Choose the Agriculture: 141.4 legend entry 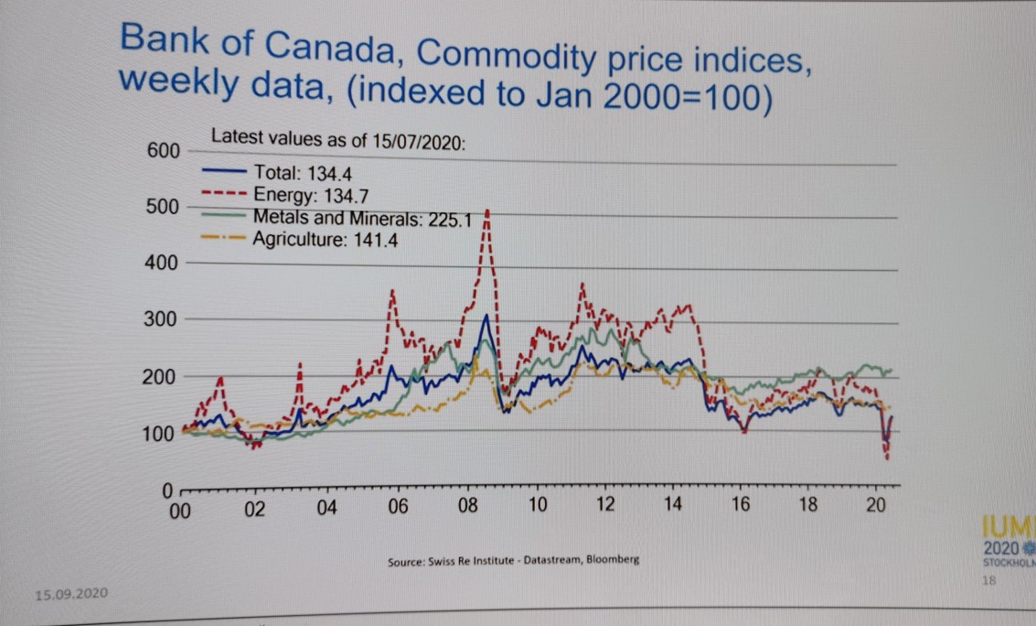[326, 241]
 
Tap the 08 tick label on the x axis [467, 507]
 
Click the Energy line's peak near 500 [487, 212]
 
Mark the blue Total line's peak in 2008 [486, 317]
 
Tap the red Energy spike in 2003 [300, 364]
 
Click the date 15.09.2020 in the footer [70, 595]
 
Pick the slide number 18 [988, 580]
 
